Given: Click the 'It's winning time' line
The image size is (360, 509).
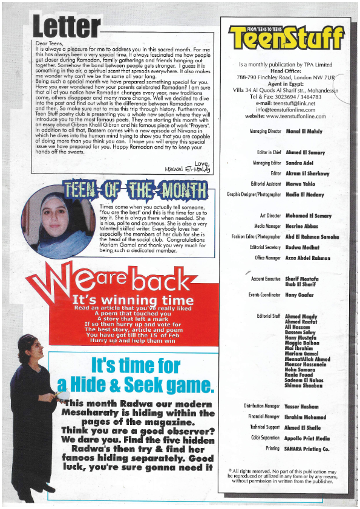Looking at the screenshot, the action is pyautogui.click(x=133, y=300).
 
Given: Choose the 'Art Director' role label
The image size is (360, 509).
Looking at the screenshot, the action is pyautogui.click(x=271, y=215).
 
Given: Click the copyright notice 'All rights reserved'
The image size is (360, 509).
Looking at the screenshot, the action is pyautogui.click(x=283, y=476).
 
